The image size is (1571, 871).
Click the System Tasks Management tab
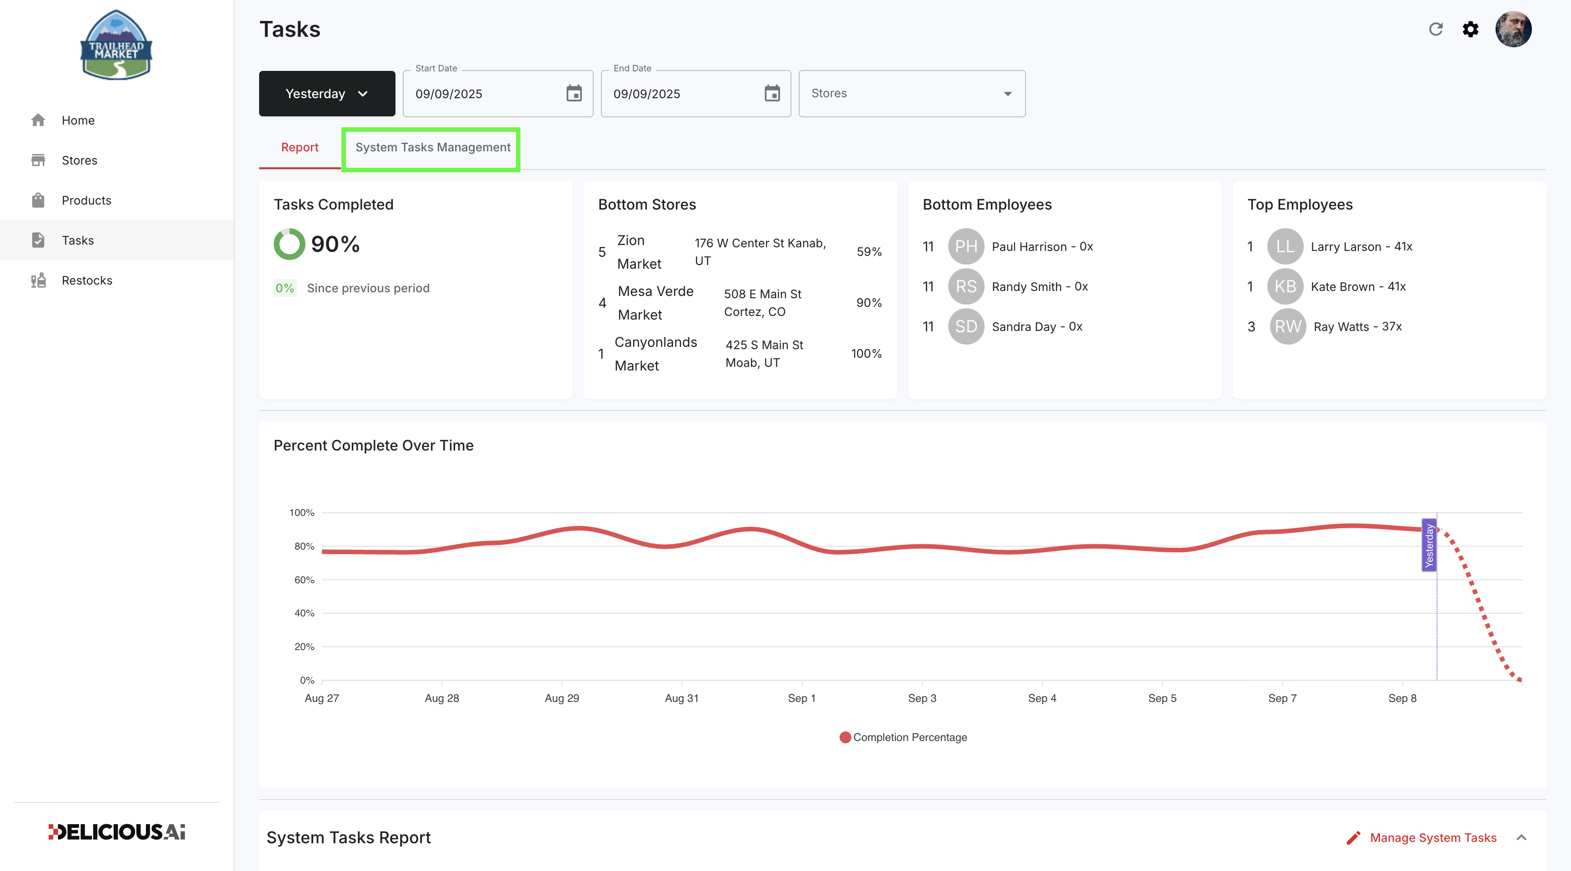click(x=433, y=148)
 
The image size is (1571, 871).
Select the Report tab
click(x=300, y=148)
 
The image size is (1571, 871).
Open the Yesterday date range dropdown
click(x=327, y=93)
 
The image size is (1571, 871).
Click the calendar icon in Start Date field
click(x=574, y=93)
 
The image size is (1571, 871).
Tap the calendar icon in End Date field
click(x=772, y=93)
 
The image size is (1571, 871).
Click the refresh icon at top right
click(x=1436, y=29)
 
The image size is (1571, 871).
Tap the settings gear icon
click(x=1471, y=29)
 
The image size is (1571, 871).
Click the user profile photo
click(x=1513, y=29)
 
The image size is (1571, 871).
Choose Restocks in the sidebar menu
click(x=87, y=280)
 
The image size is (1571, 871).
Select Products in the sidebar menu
click(x=86, y=200)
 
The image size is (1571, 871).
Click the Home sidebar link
click(x=78, y=120)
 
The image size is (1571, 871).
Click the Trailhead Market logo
click(x=116, y=45)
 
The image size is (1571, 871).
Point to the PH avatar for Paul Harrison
click(x=966, y=246)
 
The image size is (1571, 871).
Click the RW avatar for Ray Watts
click(x=1287, y=326)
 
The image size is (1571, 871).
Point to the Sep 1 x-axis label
click(x=801, y=698)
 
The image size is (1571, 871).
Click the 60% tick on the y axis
click(x=304, y=580)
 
